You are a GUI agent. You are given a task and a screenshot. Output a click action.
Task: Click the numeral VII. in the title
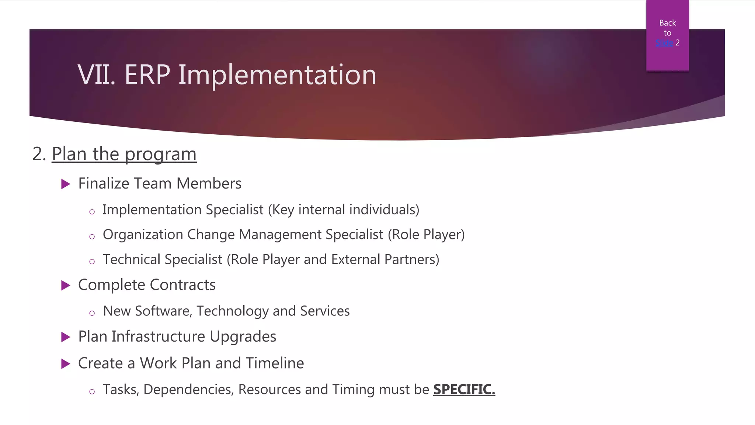pyautogui.click(x=97, y=75)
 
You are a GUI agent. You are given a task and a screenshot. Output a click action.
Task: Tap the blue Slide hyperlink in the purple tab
pyautogui.click(x=664, y=43)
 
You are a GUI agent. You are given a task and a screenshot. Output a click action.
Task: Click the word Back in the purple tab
pyautogui.click(x=667, y=23)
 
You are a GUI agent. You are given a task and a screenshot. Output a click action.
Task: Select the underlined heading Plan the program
pyautogui.click(x=124, y=154)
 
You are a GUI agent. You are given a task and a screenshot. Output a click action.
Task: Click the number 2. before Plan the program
pyautogui.click(x=39, y=154)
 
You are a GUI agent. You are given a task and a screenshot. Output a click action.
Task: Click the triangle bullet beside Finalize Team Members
pyautogui.click(x=66, y=184)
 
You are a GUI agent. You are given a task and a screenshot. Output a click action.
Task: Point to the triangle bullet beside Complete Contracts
pyautogui.click(x=66, y=285)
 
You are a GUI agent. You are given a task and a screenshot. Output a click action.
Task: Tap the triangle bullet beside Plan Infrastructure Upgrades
pyautogui.click(x=66, y=337)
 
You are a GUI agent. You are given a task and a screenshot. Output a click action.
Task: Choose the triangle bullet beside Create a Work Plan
pyautogui.click(x=66, y=364)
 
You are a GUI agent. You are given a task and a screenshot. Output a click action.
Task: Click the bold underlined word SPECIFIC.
pyautogui.click(x=464, y=390)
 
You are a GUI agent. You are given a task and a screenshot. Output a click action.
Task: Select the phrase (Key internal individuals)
pyautogui.click(x=344, y=210)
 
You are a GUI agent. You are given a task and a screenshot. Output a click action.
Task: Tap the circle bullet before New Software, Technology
pyautogui.click(x=92, y=313)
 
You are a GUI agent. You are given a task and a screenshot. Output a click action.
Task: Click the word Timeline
pyautogui.click(x=275, y=363)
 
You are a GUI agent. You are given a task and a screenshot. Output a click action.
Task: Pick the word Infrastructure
pyautogui.click(x=158, y=336)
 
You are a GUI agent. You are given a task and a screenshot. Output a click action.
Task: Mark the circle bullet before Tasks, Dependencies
pyautogui.click(x=92, y=392)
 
